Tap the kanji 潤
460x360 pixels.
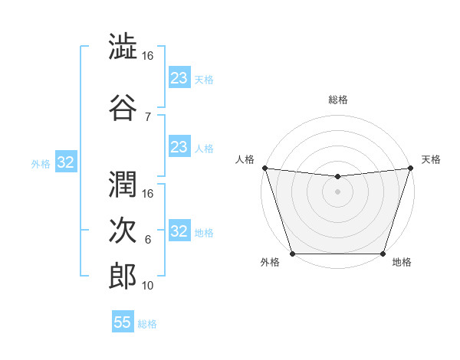tap(123, 182)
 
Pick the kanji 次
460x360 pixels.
tap(123, 229)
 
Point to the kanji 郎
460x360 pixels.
tap(123, 275)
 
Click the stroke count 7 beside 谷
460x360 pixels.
tap(147, 117)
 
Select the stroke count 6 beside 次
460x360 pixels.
tap(147, 240)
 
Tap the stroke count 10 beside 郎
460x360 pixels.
tap(148, 286)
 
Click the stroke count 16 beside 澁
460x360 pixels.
tap(148, 56)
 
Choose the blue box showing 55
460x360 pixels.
tap(123, 322)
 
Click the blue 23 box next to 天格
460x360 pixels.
tap(179, 77)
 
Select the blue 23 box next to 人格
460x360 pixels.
tap(179, 146)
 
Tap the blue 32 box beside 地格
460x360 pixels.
tap(179, 231)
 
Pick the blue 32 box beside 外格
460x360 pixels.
tap(66, 162)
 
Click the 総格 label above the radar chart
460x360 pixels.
tap(337, 100)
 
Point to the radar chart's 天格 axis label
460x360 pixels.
tap(431, 159)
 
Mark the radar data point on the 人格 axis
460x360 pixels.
tap(264, 168)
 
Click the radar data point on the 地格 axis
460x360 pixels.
tap(383, 254)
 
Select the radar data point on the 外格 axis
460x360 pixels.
tap(292, 254)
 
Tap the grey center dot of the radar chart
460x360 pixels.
tap(337, 191)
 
